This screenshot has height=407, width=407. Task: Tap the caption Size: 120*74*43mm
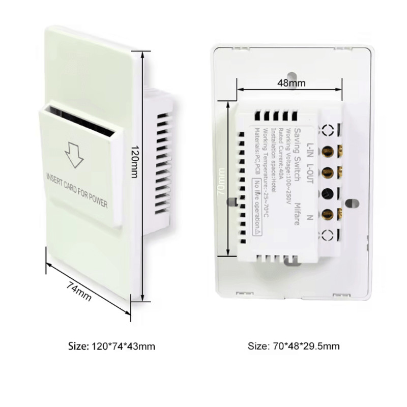pyautogui.click(x=111, y=346)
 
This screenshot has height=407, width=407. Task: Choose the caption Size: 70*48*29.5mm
pyautogui.click(x=294, y=346)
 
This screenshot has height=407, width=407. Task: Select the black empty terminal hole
pyautogui.click(x=328, y=193)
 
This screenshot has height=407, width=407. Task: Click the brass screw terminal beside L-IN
pyautogui.click(x=328, y=151)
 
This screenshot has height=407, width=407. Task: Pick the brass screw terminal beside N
pyautogui.click(x=328, y=214)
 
